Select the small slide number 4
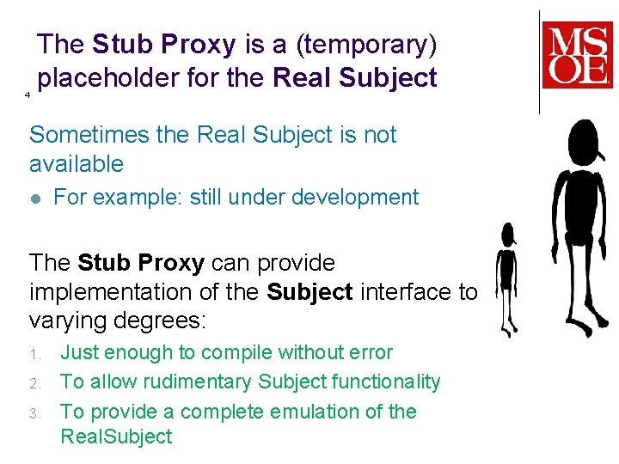click(28, 94)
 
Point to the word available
click(77, 163)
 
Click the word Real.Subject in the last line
click(116, 437)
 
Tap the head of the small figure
click(508, 233)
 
